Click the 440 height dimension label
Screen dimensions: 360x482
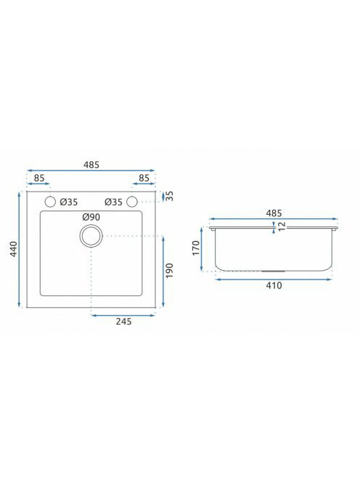click(14, 249)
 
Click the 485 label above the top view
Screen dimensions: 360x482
click(91, 165)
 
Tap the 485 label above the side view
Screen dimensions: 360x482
click(274, 213)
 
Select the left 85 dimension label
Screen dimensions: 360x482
click(39, 178)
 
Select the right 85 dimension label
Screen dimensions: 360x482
click(144, 178)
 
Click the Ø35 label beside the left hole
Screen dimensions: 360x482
click(69, 202)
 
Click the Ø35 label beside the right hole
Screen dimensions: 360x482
click(113, 202)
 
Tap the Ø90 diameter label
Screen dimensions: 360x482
click(91, 217)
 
